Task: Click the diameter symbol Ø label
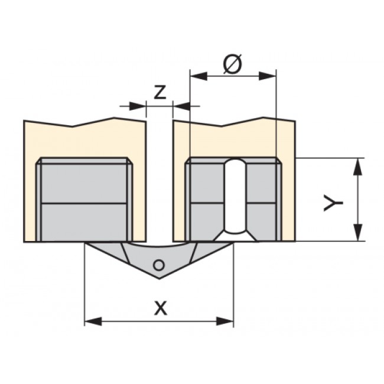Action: tap(233, 63)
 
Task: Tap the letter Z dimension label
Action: tap(160, 92)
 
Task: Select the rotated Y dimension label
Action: tap(333, 203)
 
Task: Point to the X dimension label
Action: tap(161, 308)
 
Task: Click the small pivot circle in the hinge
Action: tap(159, 265)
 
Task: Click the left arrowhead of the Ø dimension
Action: tap(199, 76)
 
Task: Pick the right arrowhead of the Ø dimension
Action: tap(268, 76)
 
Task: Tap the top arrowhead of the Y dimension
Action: tap(358, 167)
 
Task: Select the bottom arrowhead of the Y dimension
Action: tap(358, 232)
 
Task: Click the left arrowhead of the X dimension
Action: tap(93, 321)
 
